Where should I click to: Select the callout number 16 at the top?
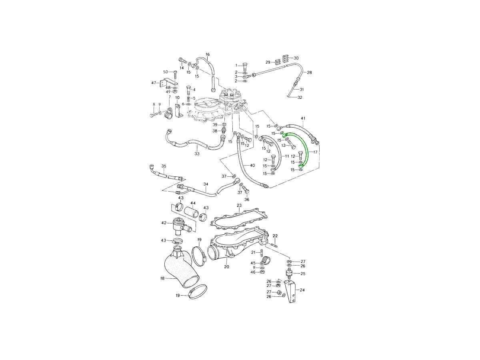pos(207,54)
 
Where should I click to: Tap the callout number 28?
pos(310,72)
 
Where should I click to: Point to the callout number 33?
pos(197,154)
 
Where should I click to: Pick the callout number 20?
pos(226,267)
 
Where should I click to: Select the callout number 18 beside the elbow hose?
pos(162,278)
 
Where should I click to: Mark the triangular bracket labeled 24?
pos(290,291)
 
